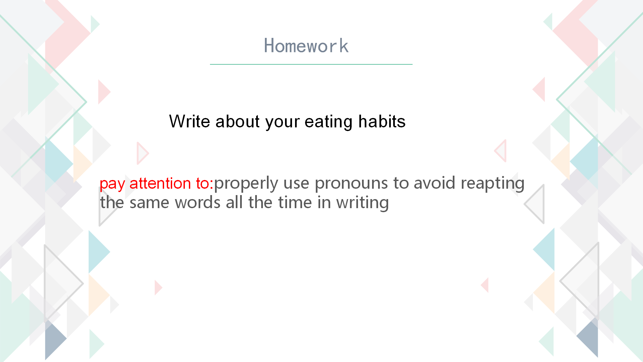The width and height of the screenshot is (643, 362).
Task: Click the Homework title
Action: coord(306,46)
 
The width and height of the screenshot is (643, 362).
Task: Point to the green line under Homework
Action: coord(311,64)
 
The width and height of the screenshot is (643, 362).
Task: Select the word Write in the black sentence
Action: coord(189,121)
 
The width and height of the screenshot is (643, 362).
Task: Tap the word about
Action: coord(237,121)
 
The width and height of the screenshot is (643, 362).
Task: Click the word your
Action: coord(282,123)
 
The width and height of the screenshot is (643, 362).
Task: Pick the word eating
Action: coord(328,122)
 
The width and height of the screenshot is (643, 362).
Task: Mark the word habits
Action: coord(382,121)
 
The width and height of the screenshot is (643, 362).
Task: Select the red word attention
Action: coord(160,183)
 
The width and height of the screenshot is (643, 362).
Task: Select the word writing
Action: coord(362,203)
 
